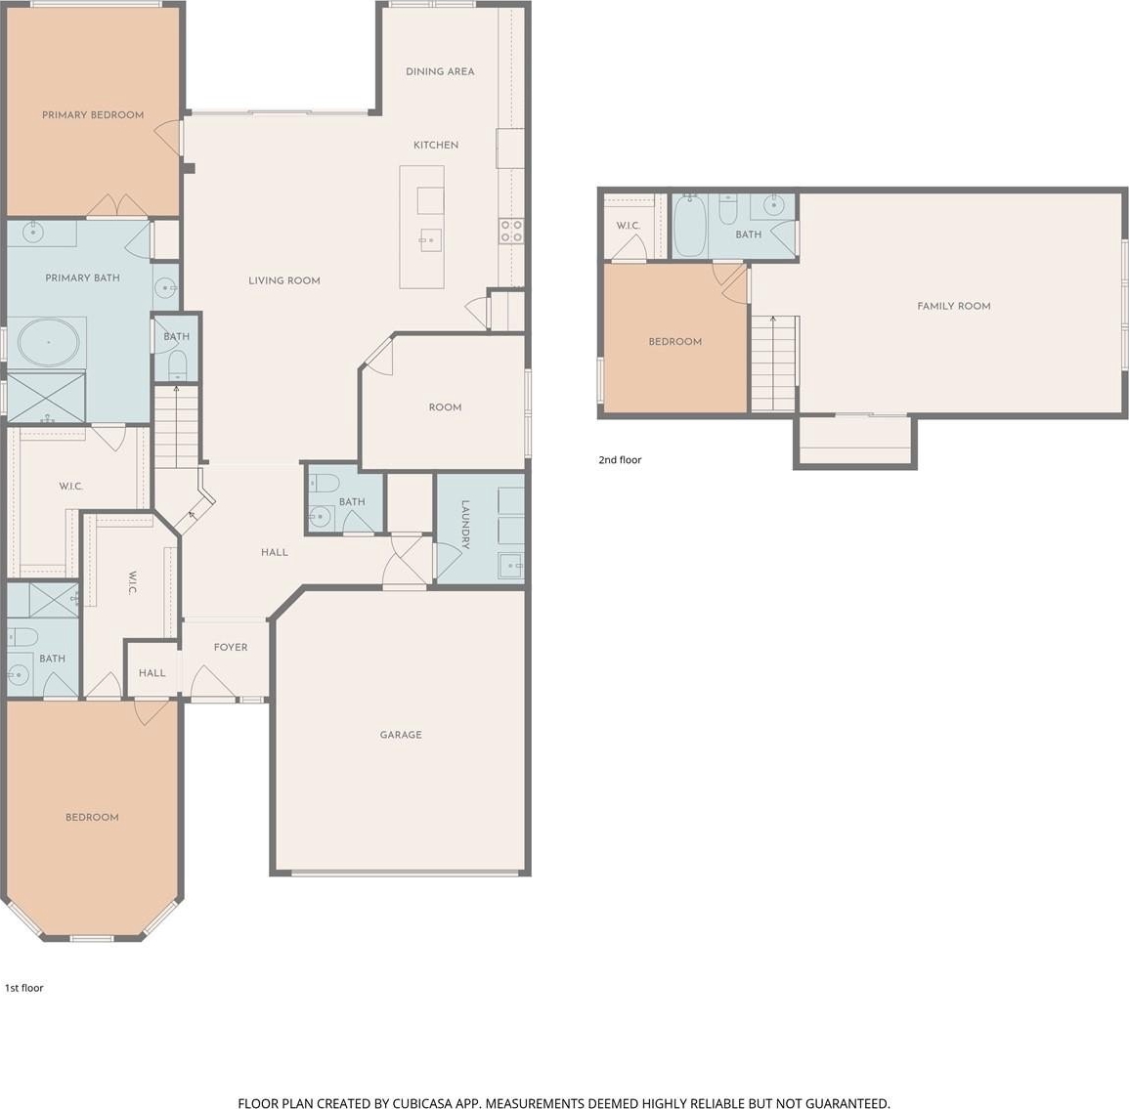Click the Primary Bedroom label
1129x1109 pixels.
[93, 115]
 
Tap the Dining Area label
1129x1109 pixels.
[440, 71]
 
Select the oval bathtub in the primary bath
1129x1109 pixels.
[48, 343]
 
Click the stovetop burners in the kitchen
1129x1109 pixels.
[511, 231]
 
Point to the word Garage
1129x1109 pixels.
[401, 735]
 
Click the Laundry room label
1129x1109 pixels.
[465, 525]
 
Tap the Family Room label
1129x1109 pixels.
[954, 306]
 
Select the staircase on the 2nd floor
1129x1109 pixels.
[774, 363]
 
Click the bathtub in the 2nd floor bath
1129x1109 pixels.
[690, 226]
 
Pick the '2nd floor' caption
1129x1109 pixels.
[620, 460]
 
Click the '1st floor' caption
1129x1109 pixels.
[24, 988]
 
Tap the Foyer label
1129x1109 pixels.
[231, 648]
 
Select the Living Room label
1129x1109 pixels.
[284, 280]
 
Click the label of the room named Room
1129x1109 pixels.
[445, 407]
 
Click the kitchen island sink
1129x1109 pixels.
[430, 239]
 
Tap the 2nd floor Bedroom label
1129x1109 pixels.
[675, 342]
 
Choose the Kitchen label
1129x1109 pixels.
[436, 146]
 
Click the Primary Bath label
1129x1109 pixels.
[83, 277]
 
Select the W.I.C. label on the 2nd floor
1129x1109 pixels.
[628, 226]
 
